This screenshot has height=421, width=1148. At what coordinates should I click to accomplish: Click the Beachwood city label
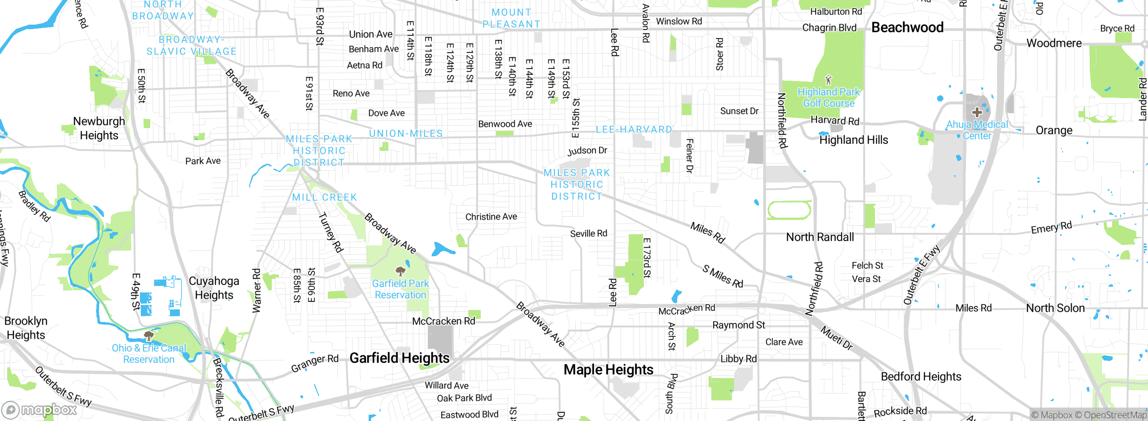coord(907,27)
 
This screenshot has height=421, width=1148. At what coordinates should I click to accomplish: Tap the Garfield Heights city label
coord(399,358)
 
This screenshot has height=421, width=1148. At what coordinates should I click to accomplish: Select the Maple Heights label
coord(608,369)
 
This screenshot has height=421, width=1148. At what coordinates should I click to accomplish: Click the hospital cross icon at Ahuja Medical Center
coord(977,112)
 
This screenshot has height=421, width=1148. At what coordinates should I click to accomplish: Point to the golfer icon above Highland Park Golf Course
coord(828,80)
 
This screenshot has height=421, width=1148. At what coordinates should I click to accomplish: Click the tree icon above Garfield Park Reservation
coord(400,271)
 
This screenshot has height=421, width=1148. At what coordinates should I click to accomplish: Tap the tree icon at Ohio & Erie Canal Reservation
coord(148,335)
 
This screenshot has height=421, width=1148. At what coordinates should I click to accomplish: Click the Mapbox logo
coord(39,409)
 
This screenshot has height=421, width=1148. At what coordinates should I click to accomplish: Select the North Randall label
coord(820,237)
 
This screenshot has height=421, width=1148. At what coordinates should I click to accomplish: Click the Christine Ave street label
coord(491,217)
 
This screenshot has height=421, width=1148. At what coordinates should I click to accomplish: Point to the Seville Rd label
coord(588,233)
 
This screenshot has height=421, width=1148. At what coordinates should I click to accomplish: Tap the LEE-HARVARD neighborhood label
coord(634,129)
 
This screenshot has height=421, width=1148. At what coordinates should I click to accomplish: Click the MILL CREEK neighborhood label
coord(325,197)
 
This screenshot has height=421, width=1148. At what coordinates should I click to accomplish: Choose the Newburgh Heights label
coord(99,128)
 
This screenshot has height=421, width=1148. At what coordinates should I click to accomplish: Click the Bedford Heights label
coord(921,377)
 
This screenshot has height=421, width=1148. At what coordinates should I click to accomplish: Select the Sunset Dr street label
coord(739,111)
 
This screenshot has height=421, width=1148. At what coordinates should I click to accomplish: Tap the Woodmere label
coord(1054,43)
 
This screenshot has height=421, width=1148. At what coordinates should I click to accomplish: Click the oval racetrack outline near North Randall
coord(789,210)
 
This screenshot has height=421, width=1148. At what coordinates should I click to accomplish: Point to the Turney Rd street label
coord(331,232)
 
